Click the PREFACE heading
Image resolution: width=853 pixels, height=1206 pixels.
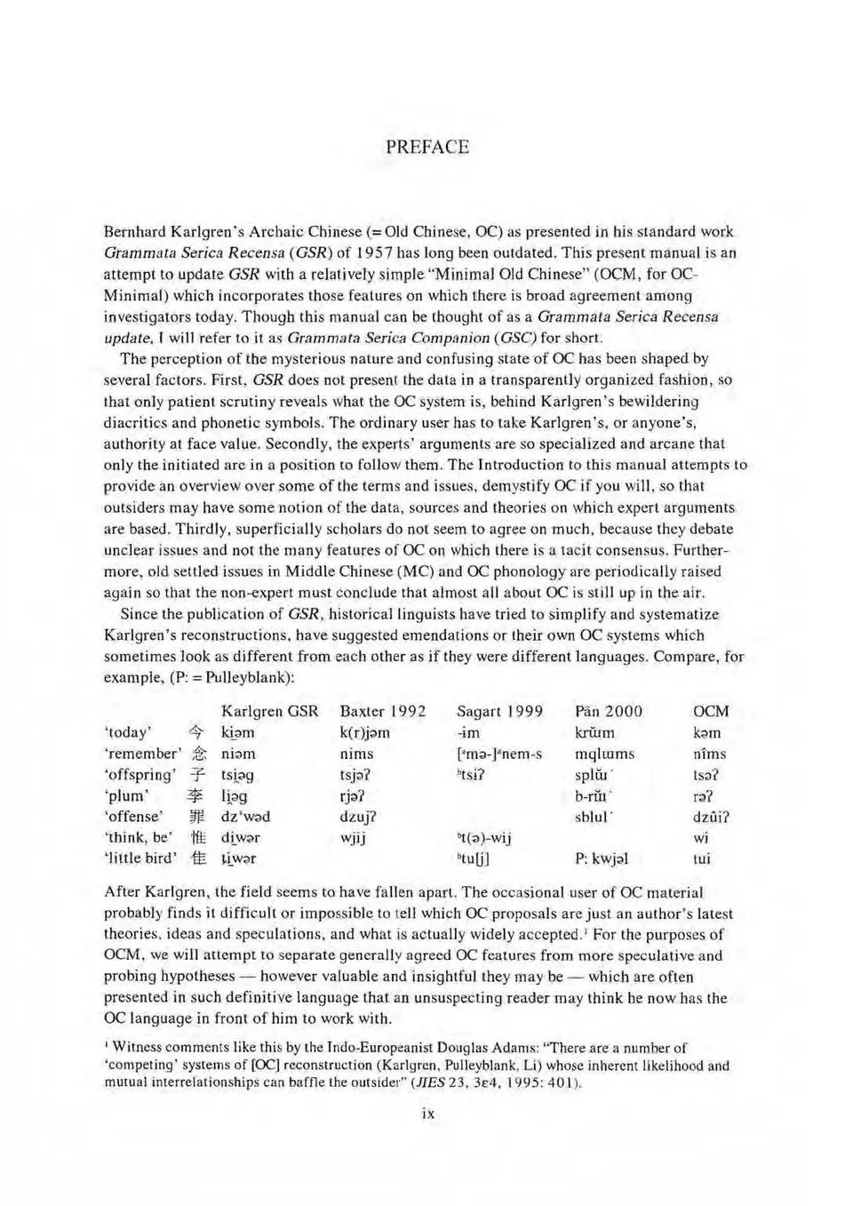pyautogui.click(x=426, y=147)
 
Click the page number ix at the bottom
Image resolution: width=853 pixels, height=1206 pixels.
pyautogui.click(x=427, y=1113)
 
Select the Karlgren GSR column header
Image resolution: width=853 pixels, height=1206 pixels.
pyautogui.click(x=269, y=711)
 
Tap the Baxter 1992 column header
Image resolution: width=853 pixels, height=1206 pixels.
pyautogui.click(x=382, y=711)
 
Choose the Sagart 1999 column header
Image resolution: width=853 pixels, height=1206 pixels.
pyautogui.click(x=499, y=711)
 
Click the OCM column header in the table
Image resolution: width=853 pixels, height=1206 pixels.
pyautogui.click(x=710, y=711)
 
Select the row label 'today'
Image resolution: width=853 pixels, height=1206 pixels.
pyautogui.click(x=127, y=732)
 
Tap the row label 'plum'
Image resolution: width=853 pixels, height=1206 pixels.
pyautogui.click(x=125, y=795)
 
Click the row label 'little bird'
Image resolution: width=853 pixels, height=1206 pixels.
pyautogui.click(x=140, y=859)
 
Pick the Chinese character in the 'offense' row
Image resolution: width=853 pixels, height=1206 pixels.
pyautogui.click(x=197, y=817)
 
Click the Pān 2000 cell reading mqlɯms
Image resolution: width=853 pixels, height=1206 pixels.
pyautogui.click(x=604, y=754)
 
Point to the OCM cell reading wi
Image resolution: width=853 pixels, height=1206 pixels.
pyautogui.click(x=701, y=837)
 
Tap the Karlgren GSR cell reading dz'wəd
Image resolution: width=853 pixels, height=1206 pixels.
pyautogui.click(x=245, y=817)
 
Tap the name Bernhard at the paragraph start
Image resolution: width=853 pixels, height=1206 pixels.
pyautogui.click(x=135, y=231)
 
